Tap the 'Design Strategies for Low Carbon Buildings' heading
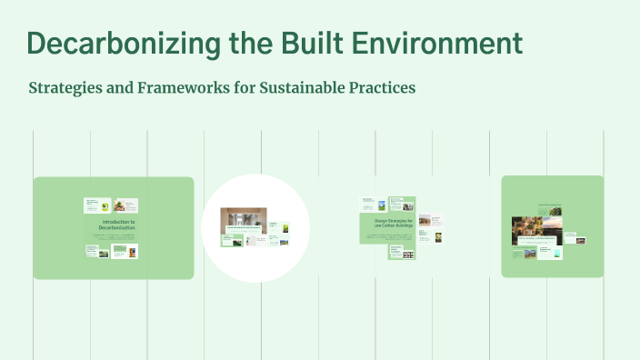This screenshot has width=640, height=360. click(393, 223)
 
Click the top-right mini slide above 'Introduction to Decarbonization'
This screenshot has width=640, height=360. click(127, 205)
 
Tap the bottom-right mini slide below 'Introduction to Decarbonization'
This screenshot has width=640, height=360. click(127, 250)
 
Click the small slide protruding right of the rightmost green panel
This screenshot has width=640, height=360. click(575, 240)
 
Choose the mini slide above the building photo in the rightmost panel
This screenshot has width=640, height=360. click(549, 209)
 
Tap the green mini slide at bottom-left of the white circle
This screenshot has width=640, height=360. click(233, 241)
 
